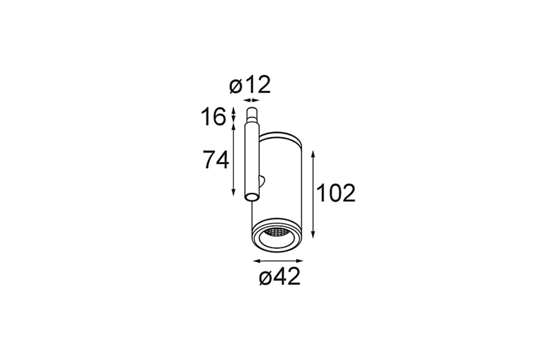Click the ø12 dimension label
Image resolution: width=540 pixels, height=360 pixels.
tap(250, 85)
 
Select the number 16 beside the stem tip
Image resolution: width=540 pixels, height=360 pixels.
tap(214, 117)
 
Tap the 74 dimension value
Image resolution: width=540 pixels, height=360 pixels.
tap(216, 160)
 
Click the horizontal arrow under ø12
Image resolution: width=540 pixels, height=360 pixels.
tap(251, 100)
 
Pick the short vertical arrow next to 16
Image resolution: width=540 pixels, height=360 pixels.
tap(233, 115)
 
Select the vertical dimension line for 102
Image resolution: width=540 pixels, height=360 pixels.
tap(313, 194)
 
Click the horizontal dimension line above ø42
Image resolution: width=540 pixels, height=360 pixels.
tap(278, 261)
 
